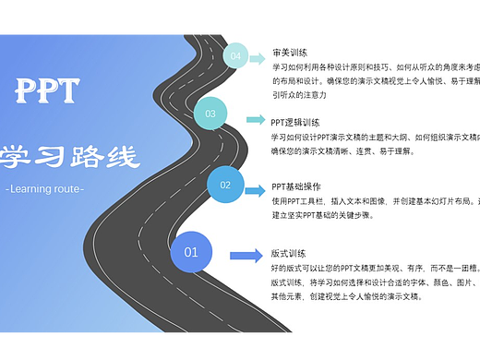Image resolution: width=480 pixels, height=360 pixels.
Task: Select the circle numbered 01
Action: pyautogui.click(x=191, y=252)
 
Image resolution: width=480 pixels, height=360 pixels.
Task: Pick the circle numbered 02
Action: pyautogui.click(x=225, y=186)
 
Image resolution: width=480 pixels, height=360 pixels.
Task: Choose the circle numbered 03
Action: pyautogui.click(x=210, y=114)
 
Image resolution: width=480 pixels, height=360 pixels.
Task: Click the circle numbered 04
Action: pyautogui.click(x=236, y=56)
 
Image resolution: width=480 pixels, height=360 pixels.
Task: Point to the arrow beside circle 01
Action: pyautogui.click(x=245, y=256)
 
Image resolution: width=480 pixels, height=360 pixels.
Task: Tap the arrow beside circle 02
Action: pyautogui.click(x=256, y=190)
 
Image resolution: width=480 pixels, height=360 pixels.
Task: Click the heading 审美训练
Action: pyautogui.click(x=290, y=53)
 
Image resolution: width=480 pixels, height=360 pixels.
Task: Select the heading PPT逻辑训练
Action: pyautogui.click(x=295, y=122)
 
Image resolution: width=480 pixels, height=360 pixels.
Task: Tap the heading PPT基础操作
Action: pyautogui.click(x=296, y=186)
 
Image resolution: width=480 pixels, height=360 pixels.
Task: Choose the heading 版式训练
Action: pyautogui.click(x=288, y=253)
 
